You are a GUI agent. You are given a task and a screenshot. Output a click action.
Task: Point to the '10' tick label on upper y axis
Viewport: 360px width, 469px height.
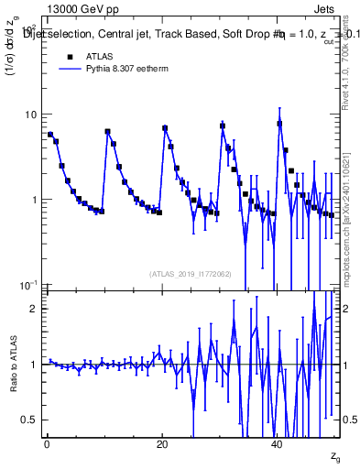[x=31, y=115]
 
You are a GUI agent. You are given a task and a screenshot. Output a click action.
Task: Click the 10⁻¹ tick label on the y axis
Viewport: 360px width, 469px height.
[x=29, y=286]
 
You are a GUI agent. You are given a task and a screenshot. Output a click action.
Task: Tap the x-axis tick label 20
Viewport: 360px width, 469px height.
[x=161, y=444]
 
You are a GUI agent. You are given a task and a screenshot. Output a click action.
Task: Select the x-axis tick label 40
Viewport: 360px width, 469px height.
[x=278, y=444]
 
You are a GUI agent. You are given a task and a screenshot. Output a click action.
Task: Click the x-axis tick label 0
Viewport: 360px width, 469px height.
[x=46, y=444]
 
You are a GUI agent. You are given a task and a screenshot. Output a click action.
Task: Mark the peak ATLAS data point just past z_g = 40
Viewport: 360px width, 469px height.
[x=279, y=124]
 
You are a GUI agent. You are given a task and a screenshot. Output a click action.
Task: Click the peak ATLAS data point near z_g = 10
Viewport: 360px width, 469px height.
[x=107, y=132]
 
